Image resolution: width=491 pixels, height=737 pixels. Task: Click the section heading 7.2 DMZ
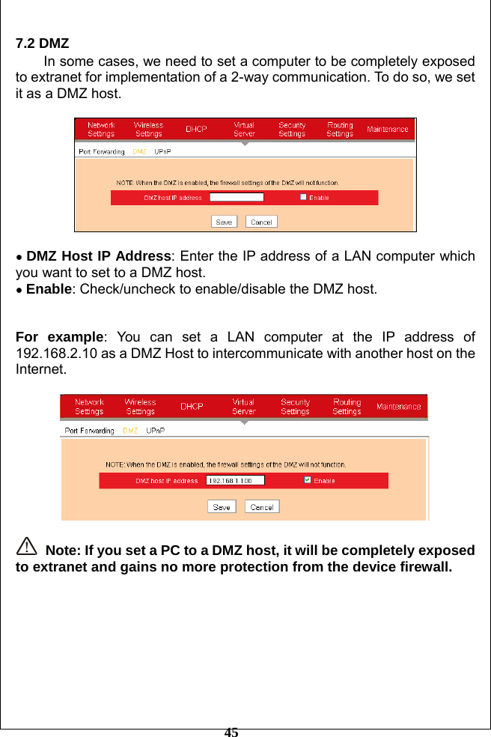[x=43, y=43]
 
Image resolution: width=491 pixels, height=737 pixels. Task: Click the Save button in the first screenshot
[x=224, y=222]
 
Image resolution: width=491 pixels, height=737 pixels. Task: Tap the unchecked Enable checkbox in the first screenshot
[x=303, y=197]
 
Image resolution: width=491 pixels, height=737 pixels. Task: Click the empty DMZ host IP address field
[x=237, y=198]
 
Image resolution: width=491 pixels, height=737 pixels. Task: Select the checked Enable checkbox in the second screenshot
[x=307, y=480]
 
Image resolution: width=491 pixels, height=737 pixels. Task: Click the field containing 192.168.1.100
[x=235, y=480]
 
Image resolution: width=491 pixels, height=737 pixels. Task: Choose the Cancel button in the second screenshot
[x=262, y=507]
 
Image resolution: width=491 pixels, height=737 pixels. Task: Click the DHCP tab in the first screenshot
[x=196, y=129]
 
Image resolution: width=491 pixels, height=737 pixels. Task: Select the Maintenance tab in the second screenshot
[x=398, y=407]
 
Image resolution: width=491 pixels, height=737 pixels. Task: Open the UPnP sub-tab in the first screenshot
[x=162, y=151]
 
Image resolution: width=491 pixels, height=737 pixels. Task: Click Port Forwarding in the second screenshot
[x=90, y=431]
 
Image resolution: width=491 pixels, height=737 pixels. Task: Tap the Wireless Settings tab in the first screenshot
[x=148, y=129]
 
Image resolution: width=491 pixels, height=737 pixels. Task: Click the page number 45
[x=231, y=732]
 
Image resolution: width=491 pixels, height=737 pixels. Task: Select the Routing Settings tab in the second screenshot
[x=347, y=407]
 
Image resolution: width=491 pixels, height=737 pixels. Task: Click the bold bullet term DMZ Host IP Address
[x=99, y=257]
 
